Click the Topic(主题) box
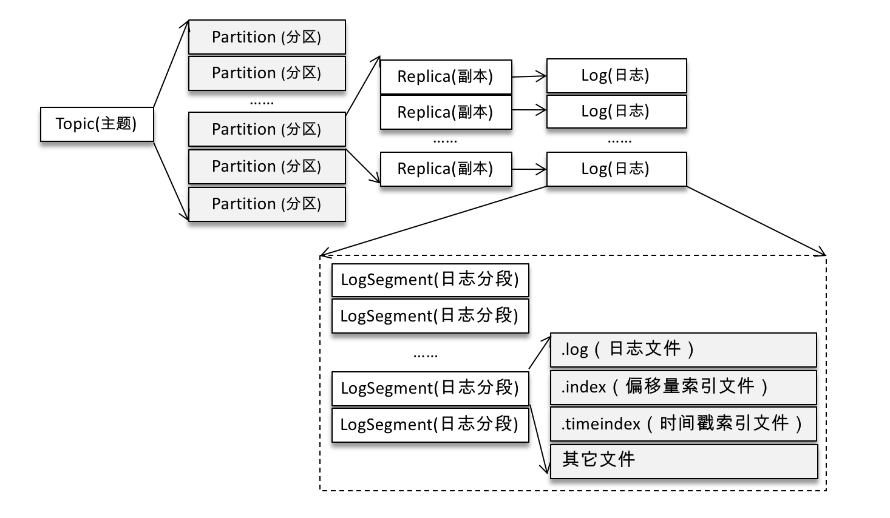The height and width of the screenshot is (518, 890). (97, 124)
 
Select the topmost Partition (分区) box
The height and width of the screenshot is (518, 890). (267, 37)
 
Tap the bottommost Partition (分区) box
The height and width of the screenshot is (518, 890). (267, 204)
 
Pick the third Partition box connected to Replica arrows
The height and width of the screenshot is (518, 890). (267, 129)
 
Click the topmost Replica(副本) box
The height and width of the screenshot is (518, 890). (446, 76)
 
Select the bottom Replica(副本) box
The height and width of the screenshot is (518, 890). (446, 169)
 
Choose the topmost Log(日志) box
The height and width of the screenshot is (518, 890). (616, 75)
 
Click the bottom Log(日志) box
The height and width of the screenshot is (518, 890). (616, 169)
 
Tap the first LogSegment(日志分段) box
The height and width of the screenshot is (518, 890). (430, 280)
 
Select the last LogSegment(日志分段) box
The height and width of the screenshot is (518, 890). (430, 425)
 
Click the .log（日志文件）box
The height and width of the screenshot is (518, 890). (683, 349)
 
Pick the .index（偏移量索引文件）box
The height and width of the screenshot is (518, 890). (683, 387)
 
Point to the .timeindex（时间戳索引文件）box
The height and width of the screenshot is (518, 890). (683, 424)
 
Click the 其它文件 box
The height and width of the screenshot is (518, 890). (683, 461)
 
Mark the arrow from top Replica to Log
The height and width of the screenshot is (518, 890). (529, 76)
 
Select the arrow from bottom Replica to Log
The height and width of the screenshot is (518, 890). (529, 169)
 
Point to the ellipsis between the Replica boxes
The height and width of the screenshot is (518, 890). (445, 141)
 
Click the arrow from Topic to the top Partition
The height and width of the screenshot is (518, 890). (171, 66)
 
